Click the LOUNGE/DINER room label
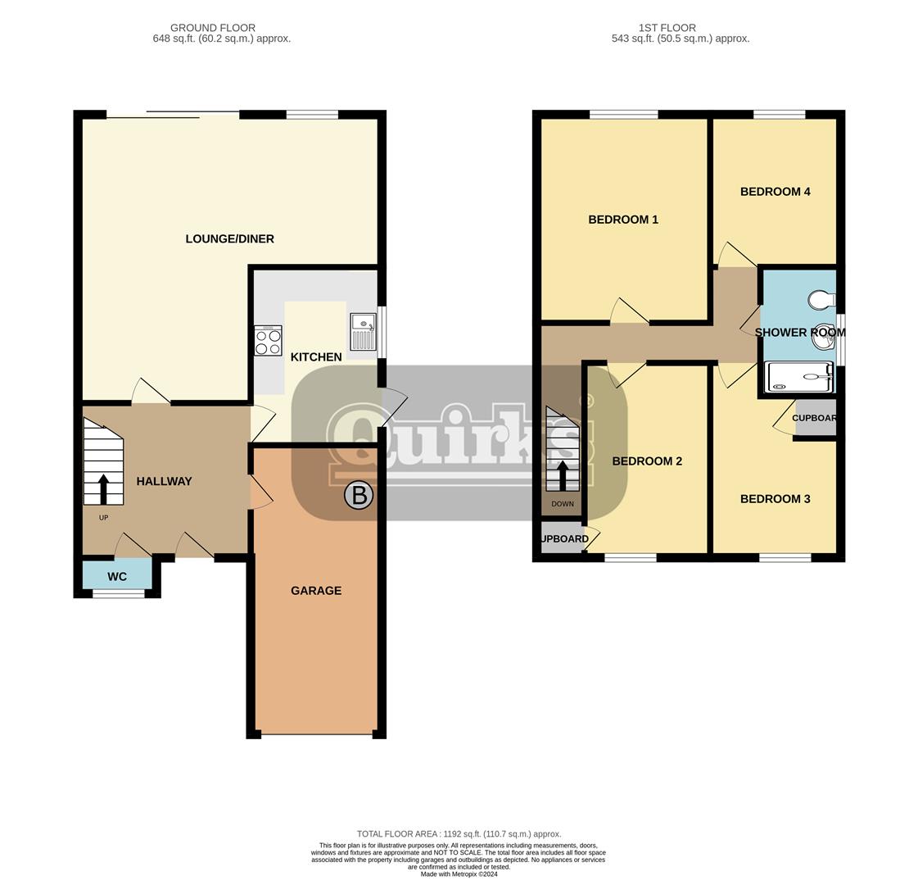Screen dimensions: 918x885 coord(229,239)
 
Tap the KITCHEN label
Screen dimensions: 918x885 coord(316,356)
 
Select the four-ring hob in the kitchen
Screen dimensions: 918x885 coord(268,341)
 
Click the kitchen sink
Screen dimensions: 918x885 coord(363,332)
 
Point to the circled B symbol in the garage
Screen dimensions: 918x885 coord(359,496)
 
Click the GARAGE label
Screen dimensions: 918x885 coord(316,590)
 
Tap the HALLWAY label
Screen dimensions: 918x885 coord(164,482)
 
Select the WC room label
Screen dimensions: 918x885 coord(117,577)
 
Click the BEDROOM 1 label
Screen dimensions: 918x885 coord(623,220)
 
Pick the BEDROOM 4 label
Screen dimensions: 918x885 coord(776,192)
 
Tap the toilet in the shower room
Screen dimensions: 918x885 coord(822,299)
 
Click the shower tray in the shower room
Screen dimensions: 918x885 coord(799,377)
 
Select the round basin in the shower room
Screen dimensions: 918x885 coord(825,337)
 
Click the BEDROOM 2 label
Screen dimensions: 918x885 coord(647,461)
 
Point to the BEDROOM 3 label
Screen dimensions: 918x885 coord(776,499)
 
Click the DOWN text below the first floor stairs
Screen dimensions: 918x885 coord(563,504)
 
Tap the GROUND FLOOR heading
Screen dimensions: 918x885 coord(213,28)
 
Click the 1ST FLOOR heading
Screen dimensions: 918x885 coord(667,28)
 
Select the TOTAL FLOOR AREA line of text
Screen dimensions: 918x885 coord(459,834)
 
